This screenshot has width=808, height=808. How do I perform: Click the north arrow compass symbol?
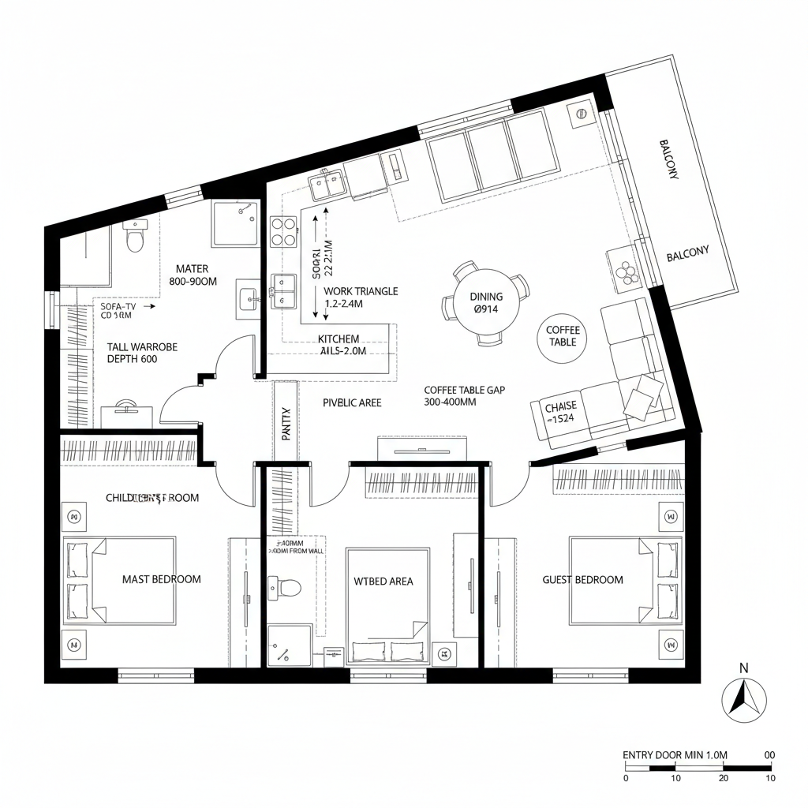click(744, 699)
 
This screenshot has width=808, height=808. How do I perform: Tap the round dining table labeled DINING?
click(486, 303)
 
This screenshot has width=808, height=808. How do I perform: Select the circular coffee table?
click(562, 336)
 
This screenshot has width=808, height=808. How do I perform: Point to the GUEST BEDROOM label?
click(582, 579)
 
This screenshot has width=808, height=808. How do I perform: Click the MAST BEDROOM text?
click(161, 579)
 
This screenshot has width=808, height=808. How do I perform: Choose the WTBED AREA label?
click(383, 582)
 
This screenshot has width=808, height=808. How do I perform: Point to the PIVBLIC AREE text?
click(352, 402)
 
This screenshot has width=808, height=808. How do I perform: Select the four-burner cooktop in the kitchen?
click(284, 231)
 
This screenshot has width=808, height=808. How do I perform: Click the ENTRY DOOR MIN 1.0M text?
click(674, 755)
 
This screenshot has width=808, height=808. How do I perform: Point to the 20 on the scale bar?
click(723, 778)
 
